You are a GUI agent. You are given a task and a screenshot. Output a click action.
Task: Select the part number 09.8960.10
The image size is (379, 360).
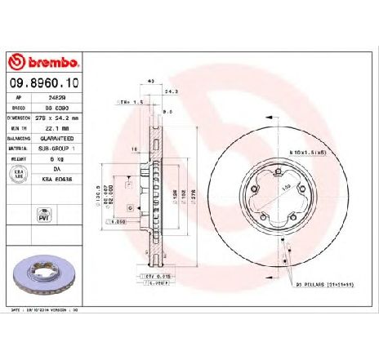pos(45,82)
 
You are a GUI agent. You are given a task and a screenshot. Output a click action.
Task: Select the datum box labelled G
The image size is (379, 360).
pos(142,209)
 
